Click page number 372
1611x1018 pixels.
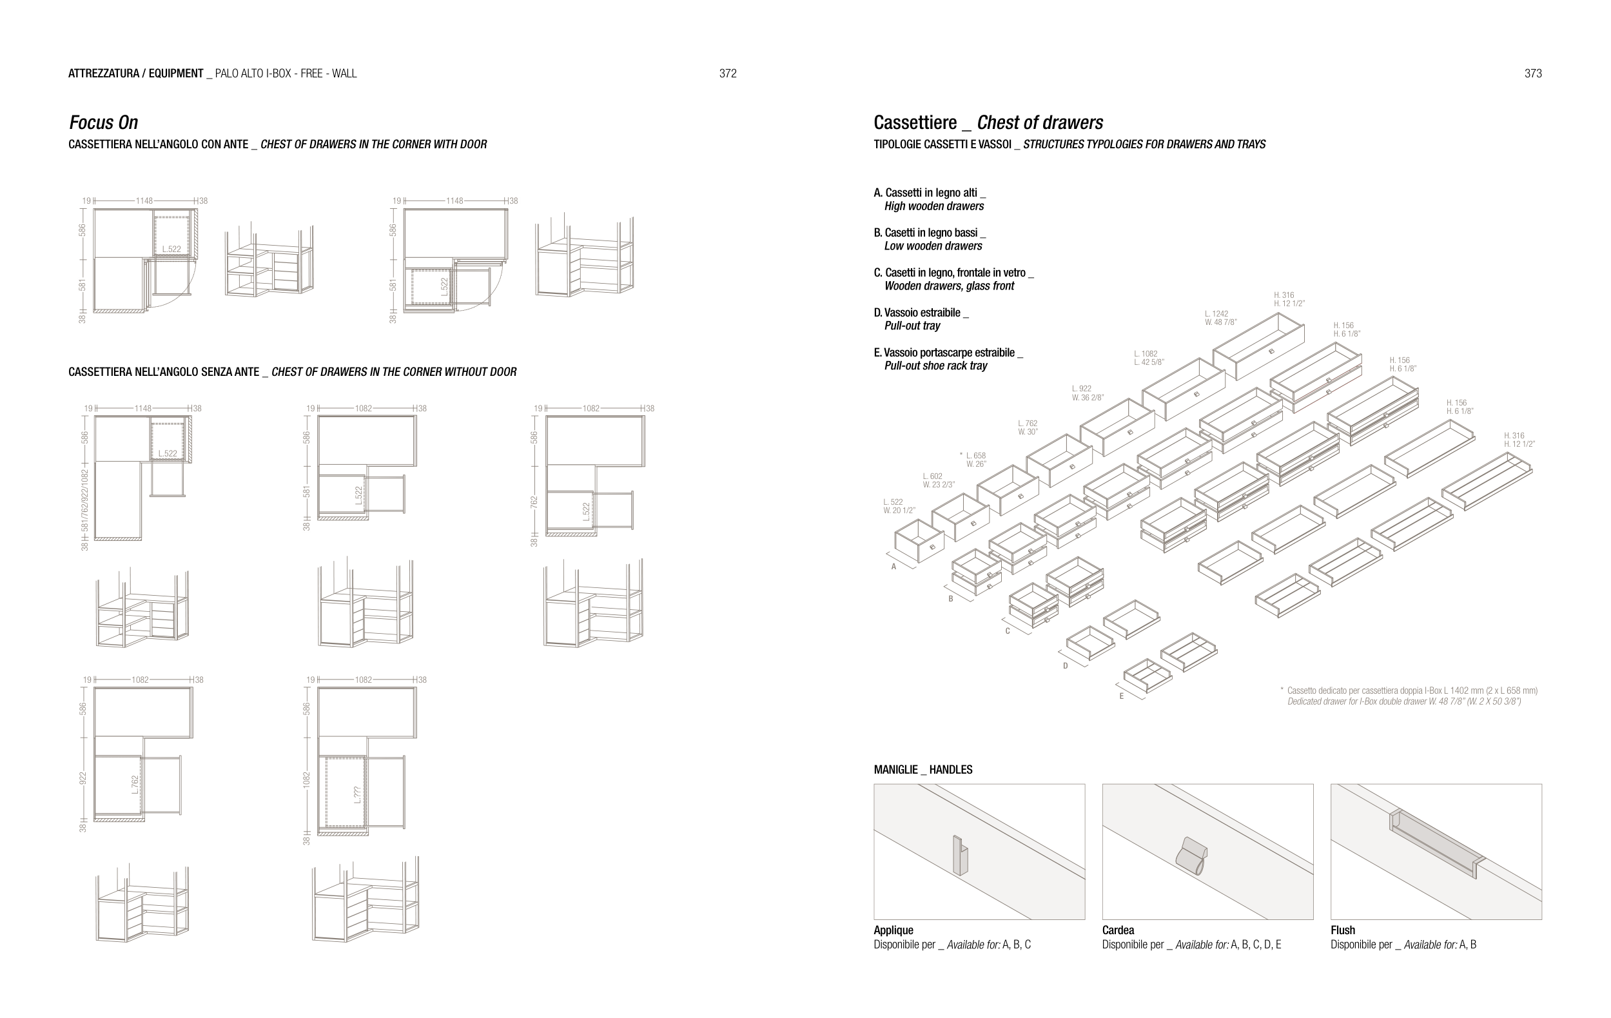(x=728, y=73)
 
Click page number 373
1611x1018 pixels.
(x=1533, y=73)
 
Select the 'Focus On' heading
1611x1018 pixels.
(x=104, y=122)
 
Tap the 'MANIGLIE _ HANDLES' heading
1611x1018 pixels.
(x=923, y=770)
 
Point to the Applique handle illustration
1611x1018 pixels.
(x=960, y=855)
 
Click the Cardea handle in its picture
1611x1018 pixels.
(x=1191, y=856)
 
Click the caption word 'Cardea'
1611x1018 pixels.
(x=1118, y=930)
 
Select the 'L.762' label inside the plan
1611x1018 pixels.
(x=135, y=785)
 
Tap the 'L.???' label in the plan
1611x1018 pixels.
(x=358, y=794)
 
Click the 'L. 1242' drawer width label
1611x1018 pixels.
(x=1216, y=314)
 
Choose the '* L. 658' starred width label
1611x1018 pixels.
(x=973, y=456)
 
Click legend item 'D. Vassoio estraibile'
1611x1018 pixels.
(x=921, y=313)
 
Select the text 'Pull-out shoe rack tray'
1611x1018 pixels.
(x=935, y=366)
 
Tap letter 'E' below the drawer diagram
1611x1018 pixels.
(x=1122, y=697)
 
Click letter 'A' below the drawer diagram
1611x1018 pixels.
(x=893, y=567)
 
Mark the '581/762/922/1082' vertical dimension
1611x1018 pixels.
(x=84, y=501)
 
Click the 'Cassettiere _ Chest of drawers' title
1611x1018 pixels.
(x=988, y=122)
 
